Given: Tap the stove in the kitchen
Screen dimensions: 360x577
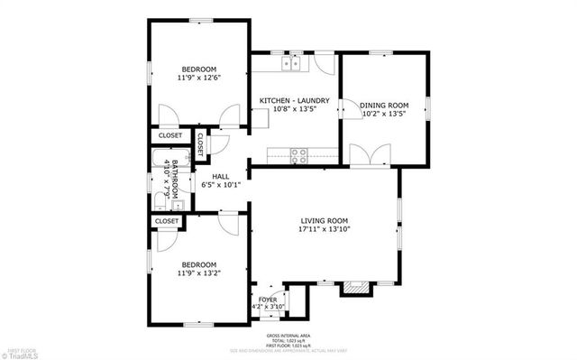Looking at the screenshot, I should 298,153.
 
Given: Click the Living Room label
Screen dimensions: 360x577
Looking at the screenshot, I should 324,221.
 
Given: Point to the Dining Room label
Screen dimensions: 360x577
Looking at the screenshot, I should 384,105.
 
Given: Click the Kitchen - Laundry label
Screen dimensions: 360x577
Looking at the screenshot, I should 294,100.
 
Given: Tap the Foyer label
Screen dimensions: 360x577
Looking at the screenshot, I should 268,299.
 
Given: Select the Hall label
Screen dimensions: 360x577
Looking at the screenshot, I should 220,176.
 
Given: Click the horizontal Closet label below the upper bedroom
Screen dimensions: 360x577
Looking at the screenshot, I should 170,135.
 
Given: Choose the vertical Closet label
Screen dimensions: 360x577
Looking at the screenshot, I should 200,143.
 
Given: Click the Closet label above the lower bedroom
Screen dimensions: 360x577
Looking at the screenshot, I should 167,220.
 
